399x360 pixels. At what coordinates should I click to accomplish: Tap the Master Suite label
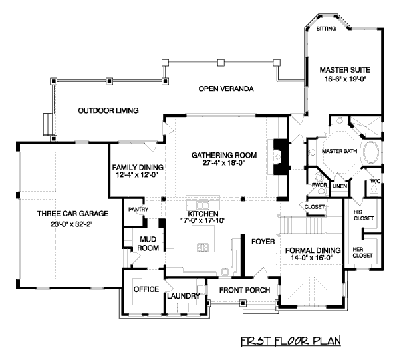[x=344, y=69]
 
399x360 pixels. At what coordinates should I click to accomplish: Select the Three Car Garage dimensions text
[x=53, y=224]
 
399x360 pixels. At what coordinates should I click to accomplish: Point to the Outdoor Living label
[x=108, y=110]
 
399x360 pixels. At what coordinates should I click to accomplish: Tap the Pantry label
[x=138, y=210]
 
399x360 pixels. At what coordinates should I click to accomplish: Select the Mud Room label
[x=147, y=244]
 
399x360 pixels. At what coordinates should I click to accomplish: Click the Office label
[x=145, y=289]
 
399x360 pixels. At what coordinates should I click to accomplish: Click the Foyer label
[x=263, y=242]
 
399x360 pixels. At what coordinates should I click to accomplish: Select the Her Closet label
[x=362, y=251]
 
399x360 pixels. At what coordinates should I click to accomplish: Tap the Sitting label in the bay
[x=326, y=29]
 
